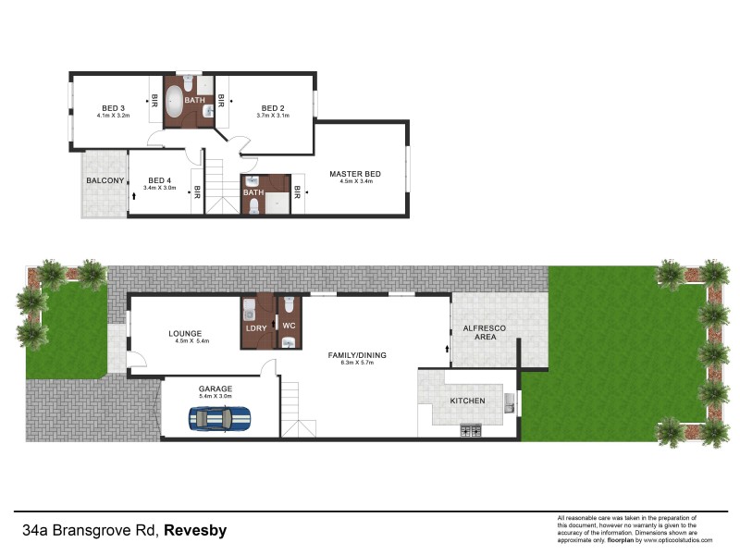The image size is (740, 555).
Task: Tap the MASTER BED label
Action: (355, 174)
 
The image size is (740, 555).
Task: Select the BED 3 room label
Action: (113, 106)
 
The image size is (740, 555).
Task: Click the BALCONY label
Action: (105, 180)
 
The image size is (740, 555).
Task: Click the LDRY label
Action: (256, 328)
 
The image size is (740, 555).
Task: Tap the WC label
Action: (288, 325)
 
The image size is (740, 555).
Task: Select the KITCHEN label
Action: (467, 401)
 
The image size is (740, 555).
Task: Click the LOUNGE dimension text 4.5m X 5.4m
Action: (192, 341)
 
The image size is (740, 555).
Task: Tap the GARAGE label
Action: (215, 388)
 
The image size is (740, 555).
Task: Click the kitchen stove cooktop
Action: (469, 430)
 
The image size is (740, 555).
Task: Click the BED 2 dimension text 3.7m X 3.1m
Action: (273, 116)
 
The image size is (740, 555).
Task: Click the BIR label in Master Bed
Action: (298, 193)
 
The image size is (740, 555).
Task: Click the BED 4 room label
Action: (159, 180)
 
